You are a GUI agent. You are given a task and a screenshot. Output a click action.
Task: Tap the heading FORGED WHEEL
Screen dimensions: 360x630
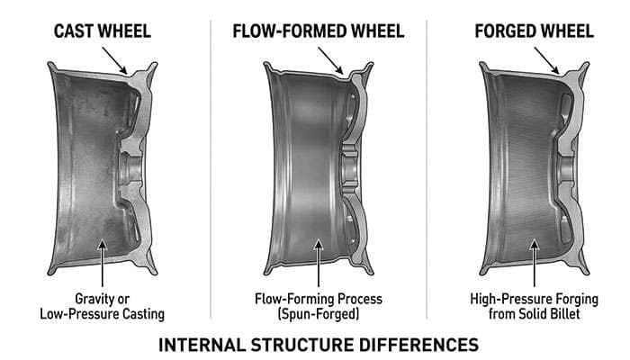(x=534, y=31)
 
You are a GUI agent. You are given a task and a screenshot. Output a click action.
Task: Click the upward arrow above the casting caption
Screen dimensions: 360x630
(x=104, y=261)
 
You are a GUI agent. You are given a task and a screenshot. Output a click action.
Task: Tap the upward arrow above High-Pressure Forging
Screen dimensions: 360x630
(x=534, y=261)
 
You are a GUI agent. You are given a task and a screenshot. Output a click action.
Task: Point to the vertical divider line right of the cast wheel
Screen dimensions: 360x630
(x=211, y=171)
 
